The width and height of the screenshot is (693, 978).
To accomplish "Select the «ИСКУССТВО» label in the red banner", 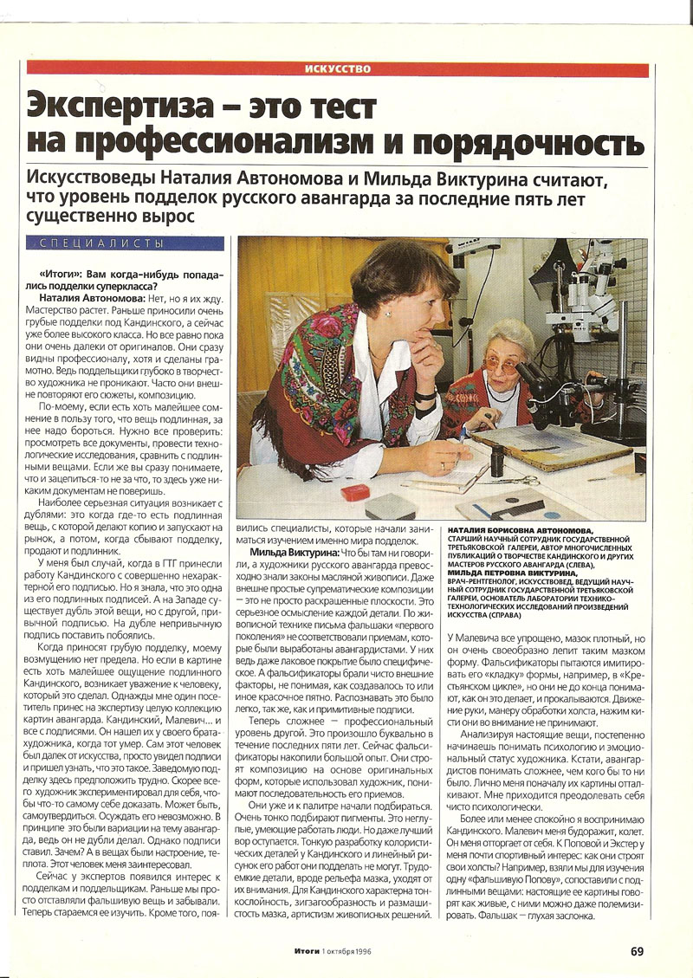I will click(339, 68).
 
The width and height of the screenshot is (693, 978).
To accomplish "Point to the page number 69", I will click(637, 951).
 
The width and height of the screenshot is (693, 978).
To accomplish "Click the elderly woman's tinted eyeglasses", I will click(502, 365).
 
